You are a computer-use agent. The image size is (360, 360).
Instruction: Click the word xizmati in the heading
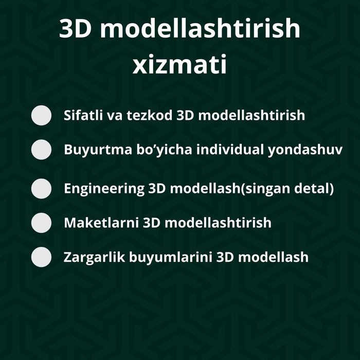(x=180, y=66)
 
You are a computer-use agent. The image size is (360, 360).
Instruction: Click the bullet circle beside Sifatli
(x=42, y=116)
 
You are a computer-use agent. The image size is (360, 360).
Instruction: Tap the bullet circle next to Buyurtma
(x=42, y=150)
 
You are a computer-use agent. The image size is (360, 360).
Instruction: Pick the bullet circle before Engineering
(x=42, y=188)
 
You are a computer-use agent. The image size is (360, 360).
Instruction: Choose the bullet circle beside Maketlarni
(x=42, y=223)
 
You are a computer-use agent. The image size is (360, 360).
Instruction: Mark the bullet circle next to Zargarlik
(x=42, y=257)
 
